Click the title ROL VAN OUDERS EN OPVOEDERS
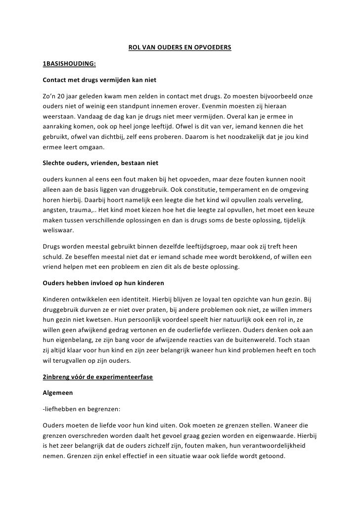click(x=180, y=48)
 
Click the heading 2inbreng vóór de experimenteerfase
click(x=98, y=377)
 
